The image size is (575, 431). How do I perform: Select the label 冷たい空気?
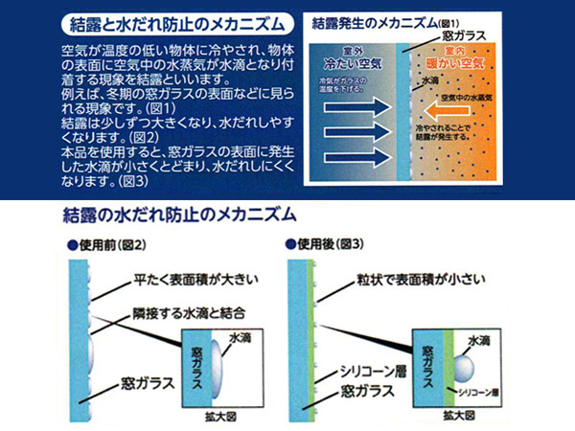(x=352, y=62)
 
